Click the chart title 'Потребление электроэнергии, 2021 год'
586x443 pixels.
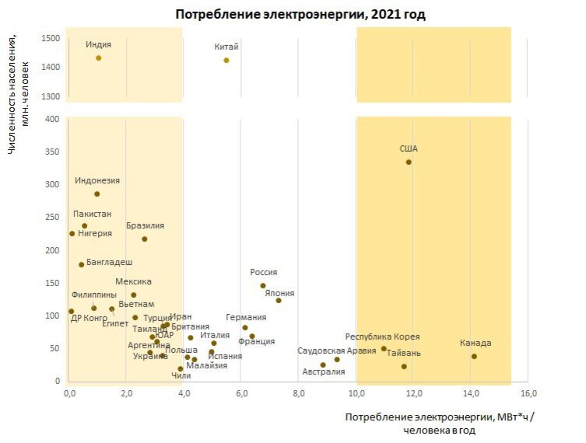click(300, 14)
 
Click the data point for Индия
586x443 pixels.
click(98, 58)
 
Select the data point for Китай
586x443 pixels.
click(226, 60)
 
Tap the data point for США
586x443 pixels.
click(409, 162)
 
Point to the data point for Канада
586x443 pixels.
click(474, 356)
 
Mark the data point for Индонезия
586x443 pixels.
click(97, 194)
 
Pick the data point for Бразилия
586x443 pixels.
click(145, 239)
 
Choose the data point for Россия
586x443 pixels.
click(263, 285)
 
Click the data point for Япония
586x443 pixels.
click(279, 300)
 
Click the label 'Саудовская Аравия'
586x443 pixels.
click(337, 351)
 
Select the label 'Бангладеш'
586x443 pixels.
click(109, 263)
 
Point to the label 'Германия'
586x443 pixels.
click(246, 317)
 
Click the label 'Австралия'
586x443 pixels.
click(323, 371)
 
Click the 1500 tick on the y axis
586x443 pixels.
click(51, 38)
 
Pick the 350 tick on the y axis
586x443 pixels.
click(53, 152)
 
